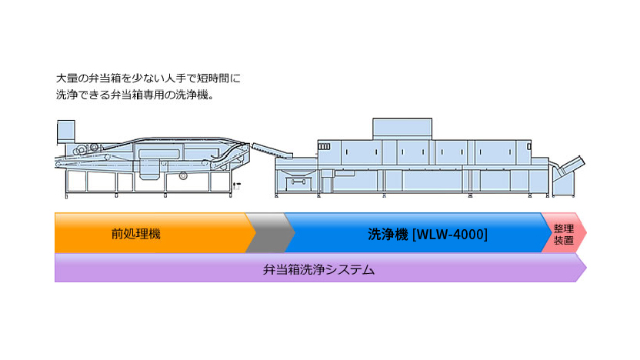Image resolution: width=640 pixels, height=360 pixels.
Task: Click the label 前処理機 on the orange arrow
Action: pos(136,234)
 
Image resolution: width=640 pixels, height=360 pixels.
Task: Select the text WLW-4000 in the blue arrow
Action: pos(450,235)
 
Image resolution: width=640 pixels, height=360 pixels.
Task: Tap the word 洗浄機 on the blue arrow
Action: pos(388,235)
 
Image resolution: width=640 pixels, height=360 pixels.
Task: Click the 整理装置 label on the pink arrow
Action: pos(564,235)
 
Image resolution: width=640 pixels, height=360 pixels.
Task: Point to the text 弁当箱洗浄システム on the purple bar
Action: pos(318,269)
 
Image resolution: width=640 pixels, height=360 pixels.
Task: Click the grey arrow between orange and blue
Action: pos(270,232)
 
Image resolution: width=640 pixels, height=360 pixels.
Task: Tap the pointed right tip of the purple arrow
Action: pos(586,268)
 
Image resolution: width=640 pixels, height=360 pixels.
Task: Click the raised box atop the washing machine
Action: pos(402,129)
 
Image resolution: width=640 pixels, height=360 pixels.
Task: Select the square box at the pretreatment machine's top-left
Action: pos(65,132)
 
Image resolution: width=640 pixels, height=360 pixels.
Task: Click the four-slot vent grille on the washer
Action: pos(324,146)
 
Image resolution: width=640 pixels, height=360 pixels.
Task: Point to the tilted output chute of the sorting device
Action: pos(571,165)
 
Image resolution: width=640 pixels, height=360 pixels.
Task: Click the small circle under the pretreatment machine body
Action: pos(183,175)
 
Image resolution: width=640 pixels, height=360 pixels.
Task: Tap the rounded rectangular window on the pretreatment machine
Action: pos(158,154)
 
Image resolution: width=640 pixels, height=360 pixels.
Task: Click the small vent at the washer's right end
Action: pos(528,146)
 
